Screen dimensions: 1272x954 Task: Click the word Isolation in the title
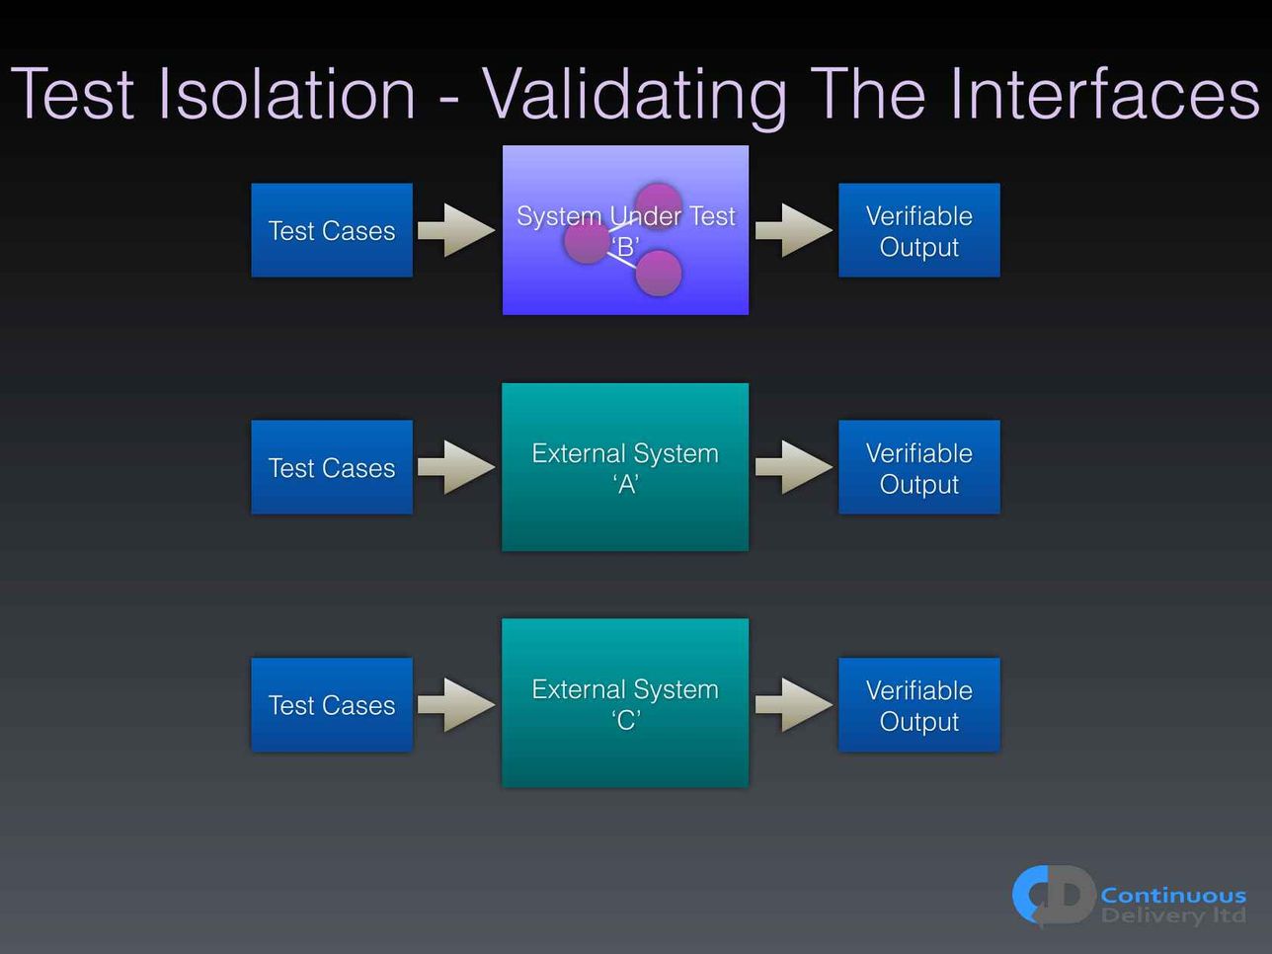[x=286, y=94]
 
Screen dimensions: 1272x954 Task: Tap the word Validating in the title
[x=635, y=96]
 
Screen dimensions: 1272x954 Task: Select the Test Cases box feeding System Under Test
[x=332, y=230]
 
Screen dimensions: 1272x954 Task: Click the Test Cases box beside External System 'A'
[x=332, y=467]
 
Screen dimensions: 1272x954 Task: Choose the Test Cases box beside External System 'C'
[x=332, y=704]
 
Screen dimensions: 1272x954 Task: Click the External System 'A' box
[x=625, y=467]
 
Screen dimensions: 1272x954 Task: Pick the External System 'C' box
[x=625, y=703]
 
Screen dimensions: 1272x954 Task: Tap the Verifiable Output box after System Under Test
[x=919, y=230]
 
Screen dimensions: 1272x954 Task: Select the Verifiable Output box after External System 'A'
[x=919, y=467]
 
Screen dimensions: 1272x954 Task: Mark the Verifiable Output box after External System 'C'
[x=919, y=704]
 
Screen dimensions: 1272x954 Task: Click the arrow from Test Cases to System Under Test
[x=456, y=230]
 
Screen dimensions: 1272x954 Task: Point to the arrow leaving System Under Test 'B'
[x=794, y=230]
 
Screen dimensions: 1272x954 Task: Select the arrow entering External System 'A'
[x=456, y=467]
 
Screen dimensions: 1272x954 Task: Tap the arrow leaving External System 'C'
[x=794, y=704]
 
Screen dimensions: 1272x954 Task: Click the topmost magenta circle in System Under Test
[x=659, y=205]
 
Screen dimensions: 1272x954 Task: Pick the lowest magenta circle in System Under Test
[x=659, y=273]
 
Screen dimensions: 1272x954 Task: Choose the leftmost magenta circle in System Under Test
[x=587, y=240]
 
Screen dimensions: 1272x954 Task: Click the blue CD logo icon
[x=1054, y=896]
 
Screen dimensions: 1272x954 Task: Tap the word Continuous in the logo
[x=1173, y=896]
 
